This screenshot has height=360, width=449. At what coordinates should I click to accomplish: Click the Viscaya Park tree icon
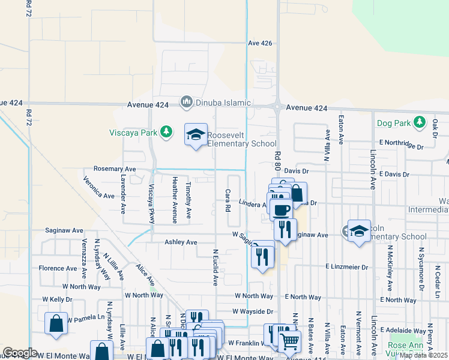click(170, 131)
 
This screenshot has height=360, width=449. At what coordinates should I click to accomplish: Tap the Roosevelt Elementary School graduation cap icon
click(196, 135)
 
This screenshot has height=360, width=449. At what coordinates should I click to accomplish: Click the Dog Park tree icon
click(419, 123)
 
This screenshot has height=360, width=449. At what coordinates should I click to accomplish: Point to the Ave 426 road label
click(260, 43)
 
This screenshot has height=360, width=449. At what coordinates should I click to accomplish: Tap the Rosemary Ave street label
click(114, 170)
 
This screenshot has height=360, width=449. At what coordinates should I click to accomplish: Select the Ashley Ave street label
click(181, 242)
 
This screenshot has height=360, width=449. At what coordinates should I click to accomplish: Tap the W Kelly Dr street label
click(57, 299)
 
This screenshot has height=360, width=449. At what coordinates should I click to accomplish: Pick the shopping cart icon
click(290, 341)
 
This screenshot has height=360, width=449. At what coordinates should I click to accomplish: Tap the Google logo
click(20, 353)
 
